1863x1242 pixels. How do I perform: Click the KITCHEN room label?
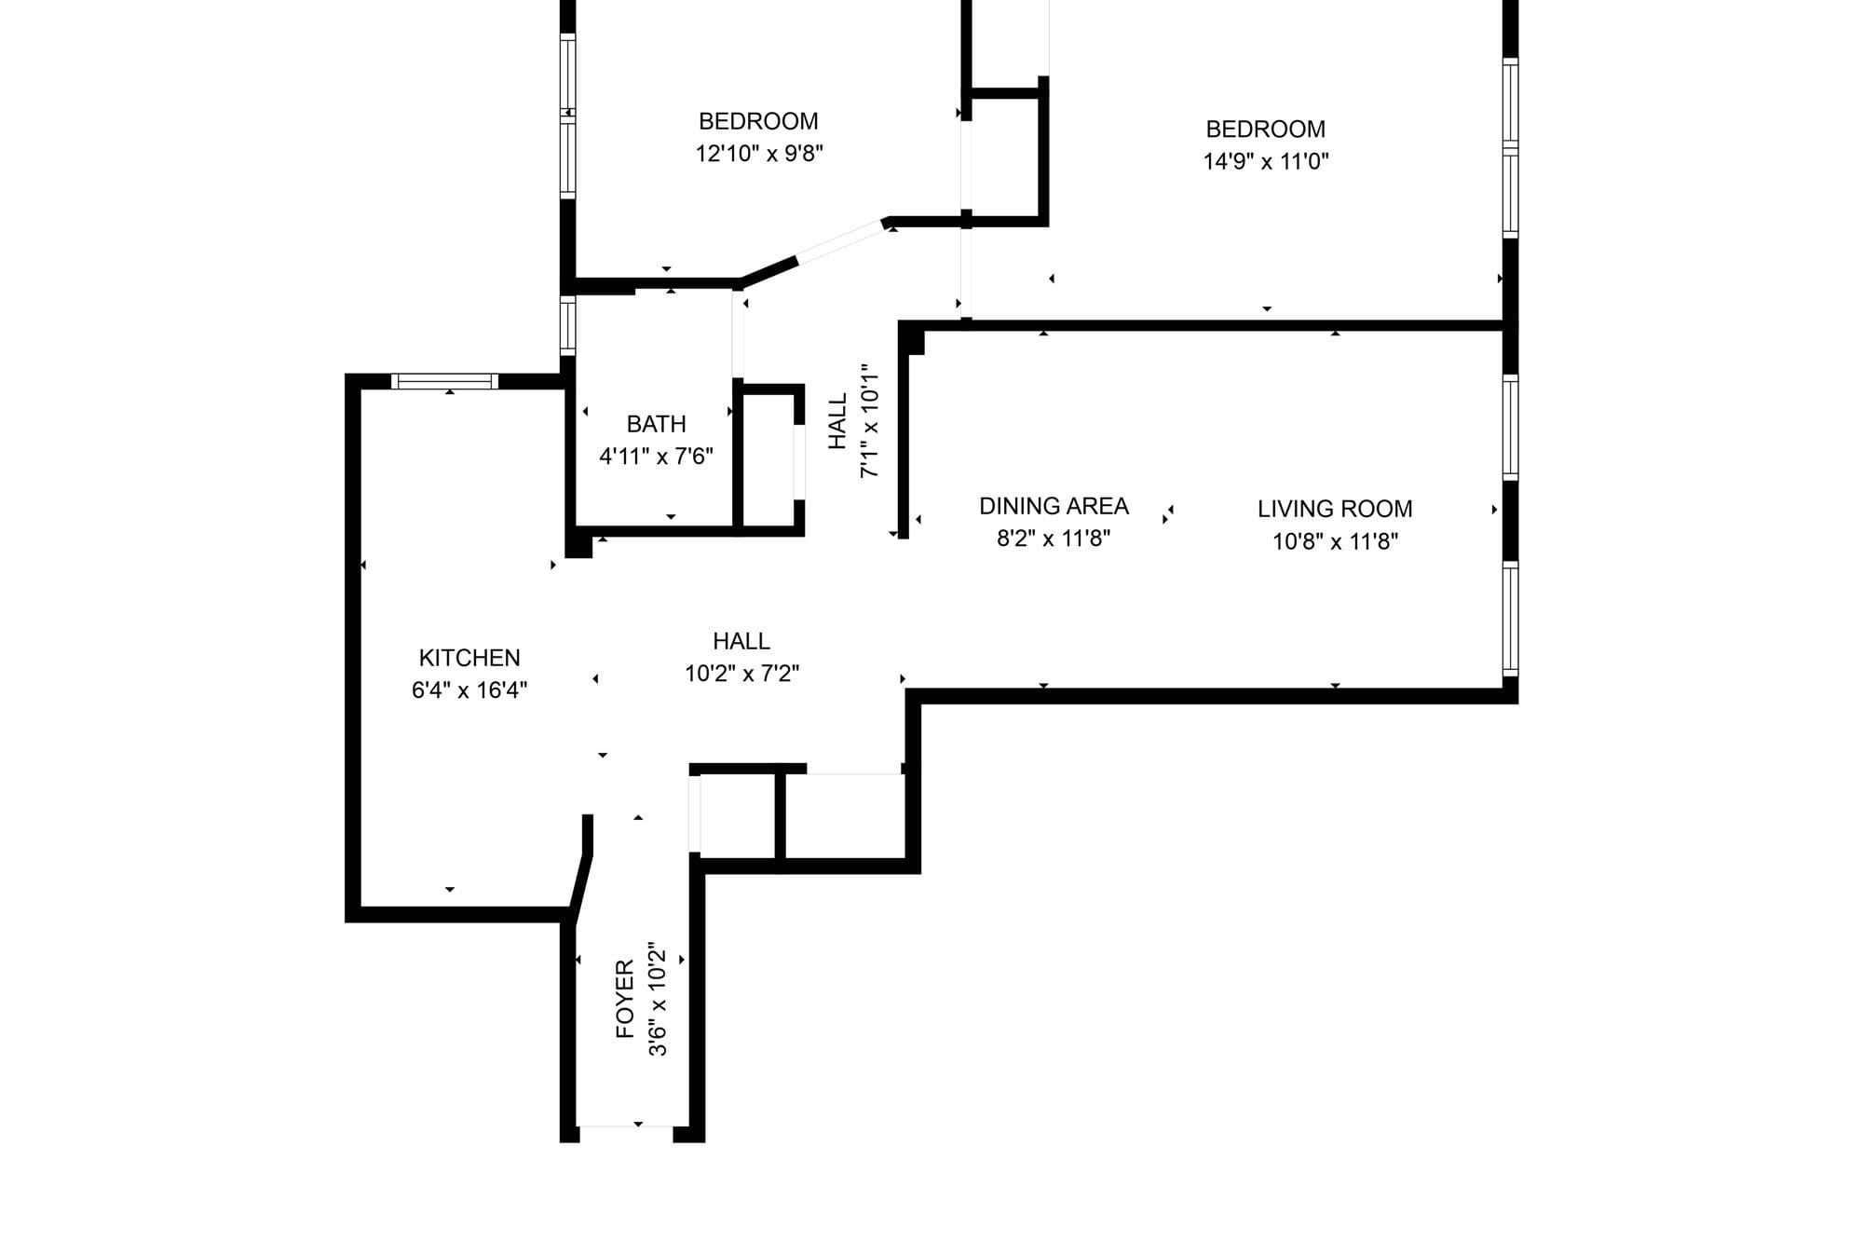(469, 658)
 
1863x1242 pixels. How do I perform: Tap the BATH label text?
(657, 424)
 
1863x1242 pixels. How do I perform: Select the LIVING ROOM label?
(1335, 509)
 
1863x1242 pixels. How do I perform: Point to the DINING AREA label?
(1054, 506)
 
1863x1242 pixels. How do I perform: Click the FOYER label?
(625, 999)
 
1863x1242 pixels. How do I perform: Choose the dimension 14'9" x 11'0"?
(1266, 161)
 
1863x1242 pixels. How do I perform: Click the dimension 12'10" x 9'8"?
(759, 154)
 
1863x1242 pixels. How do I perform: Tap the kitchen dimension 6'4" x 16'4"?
(469, 690)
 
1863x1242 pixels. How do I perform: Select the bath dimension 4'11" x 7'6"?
(657, 457)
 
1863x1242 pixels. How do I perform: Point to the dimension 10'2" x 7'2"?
(742, 674)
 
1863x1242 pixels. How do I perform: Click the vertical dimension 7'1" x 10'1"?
(869, 421)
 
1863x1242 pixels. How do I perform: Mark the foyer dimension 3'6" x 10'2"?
(658, 999)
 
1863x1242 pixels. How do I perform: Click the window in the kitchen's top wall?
(445, 381)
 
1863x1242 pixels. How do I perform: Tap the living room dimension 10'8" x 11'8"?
(1335, 541)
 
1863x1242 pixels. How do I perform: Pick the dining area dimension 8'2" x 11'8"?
(1054, 539)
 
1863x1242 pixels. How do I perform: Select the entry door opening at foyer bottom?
(625, 1134)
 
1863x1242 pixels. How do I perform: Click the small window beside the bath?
(567, 325)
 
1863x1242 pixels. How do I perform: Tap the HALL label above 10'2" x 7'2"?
(741, 641)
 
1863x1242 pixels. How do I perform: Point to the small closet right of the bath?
(768, 460)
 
